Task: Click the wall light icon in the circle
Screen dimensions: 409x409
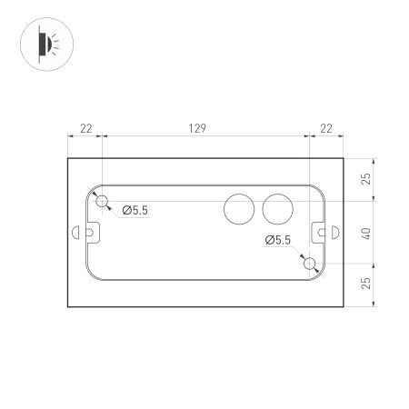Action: click(45, 44)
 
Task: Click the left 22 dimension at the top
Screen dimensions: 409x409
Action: click(85, 130)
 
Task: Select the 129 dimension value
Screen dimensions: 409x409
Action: click(195, 130)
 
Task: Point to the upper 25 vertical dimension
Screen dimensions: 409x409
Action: click(366, 178)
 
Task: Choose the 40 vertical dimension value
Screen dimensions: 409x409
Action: click(366, 232)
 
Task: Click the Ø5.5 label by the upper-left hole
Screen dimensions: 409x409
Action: click(135, 212)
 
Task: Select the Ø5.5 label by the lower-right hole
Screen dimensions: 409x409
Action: click(278, 240)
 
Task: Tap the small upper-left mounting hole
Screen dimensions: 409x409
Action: click(103, 200)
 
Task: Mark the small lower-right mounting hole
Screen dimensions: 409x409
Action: click(310, 264)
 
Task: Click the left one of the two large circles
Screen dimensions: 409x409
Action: click(240, 210)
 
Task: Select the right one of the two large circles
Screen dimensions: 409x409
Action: click(277, 210)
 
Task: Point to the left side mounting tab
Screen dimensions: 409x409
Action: click(91, 232)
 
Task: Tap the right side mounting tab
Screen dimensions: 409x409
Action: click(322, 233)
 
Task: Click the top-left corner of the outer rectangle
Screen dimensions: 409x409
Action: click(68, 158)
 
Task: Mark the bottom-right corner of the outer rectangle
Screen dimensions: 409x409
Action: click(344, 306)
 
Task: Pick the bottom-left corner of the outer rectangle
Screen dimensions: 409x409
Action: click(68, 306)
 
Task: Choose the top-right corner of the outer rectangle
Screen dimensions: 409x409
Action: click(344, 158)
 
